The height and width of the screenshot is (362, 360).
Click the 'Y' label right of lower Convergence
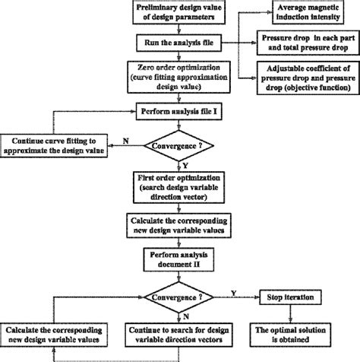point(232,291)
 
